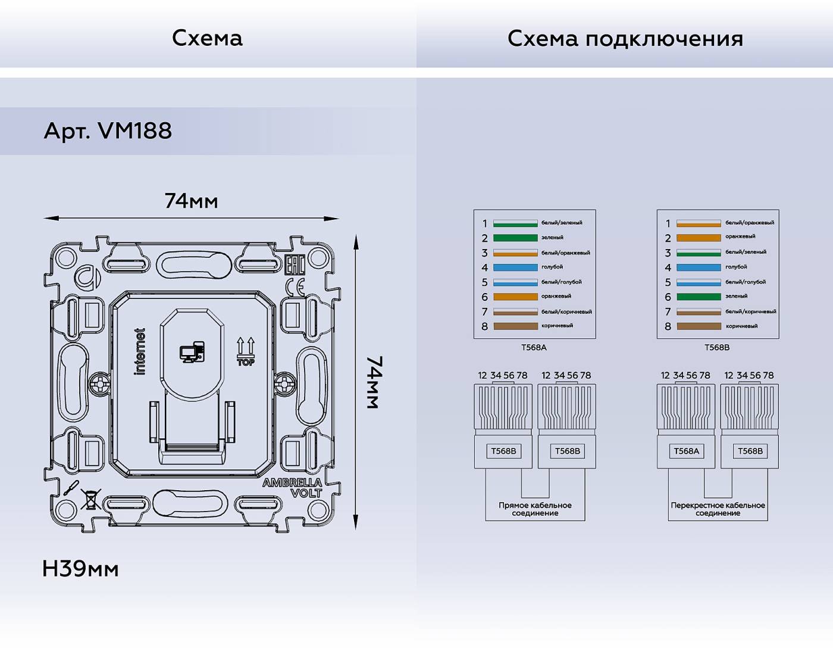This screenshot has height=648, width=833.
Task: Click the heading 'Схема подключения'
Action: (x=625, y=39)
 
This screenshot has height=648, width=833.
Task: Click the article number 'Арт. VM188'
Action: (x=108, y=130)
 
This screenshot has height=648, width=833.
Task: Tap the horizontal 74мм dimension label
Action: (x=191, y=201)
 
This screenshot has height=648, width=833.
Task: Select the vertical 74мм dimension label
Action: (x=374, y=382)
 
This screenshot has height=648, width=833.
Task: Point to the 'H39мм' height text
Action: (x=80, y=569)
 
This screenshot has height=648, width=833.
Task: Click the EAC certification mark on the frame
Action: (x=295, y=264)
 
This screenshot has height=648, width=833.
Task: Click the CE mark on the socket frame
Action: (x=295, y=288)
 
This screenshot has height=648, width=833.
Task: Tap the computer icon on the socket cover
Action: (x=192, y=352)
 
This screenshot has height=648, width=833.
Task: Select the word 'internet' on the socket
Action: (x=140, y=351)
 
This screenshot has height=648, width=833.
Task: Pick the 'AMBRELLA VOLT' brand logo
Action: (x=293, y=487)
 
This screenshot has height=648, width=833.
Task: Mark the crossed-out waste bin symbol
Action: (x=90, y=499)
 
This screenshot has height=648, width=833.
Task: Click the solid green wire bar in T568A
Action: (x=515, y=238)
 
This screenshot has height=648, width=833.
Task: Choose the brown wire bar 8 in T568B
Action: (x=699, y=326)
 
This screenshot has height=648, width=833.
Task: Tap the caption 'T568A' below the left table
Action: (x=534, y=347)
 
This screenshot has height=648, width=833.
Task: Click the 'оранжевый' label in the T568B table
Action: (x=740, y=236)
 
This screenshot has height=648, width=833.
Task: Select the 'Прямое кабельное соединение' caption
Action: (x=535, y=509)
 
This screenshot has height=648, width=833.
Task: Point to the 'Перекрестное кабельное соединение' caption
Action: (x=718, y=509)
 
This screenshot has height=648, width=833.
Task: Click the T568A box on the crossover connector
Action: (x=686, y=451)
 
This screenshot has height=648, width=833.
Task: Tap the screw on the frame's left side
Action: (x=100, y=382)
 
